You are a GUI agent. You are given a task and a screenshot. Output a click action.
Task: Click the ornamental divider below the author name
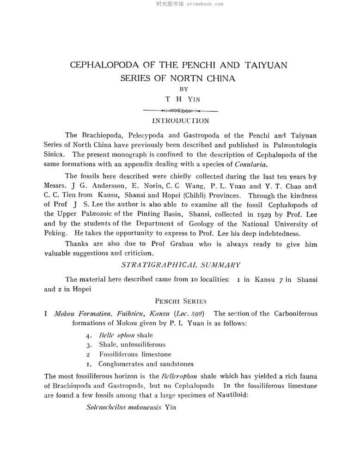180,111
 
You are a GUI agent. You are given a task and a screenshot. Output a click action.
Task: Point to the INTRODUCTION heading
180,121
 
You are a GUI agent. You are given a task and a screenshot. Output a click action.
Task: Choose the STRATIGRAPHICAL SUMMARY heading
180,265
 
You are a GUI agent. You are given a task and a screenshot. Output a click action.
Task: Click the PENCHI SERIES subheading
180,301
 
